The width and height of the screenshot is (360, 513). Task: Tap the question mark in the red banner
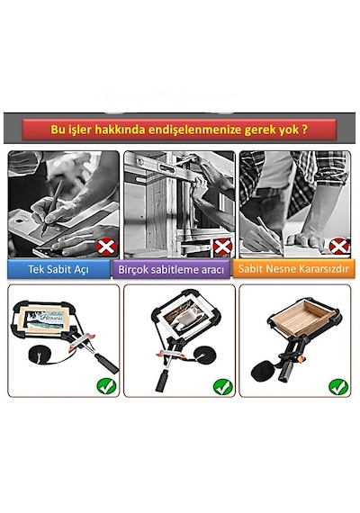(x=304, y=129)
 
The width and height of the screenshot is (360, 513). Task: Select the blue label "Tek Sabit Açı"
(x=58, y=269)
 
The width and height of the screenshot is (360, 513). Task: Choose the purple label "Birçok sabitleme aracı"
(x=171, y=270)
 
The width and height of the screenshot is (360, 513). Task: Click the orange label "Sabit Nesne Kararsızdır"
(x=293, y=268)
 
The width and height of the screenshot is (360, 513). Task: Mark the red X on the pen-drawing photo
(x=106, y=247)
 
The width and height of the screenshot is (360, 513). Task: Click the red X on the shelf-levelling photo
(x=222, y=247)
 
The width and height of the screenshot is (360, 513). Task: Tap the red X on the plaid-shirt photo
(x=338, y=246)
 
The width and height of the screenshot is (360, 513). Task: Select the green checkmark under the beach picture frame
(x=106, y=386)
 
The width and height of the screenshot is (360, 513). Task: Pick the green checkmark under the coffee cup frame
(x=223, y=387)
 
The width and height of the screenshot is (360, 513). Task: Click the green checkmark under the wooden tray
(x=338, y=387)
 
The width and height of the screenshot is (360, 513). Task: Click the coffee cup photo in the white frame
(x=184, y=317)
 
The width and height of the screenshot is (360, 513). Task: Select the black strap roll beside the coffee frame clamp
(x=204, y=355)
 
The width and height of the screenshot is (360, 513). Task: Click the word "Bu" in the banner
(x=57, y=130)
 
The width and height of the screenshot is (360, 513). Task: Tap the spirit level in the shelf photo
(x=164, y=165)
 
